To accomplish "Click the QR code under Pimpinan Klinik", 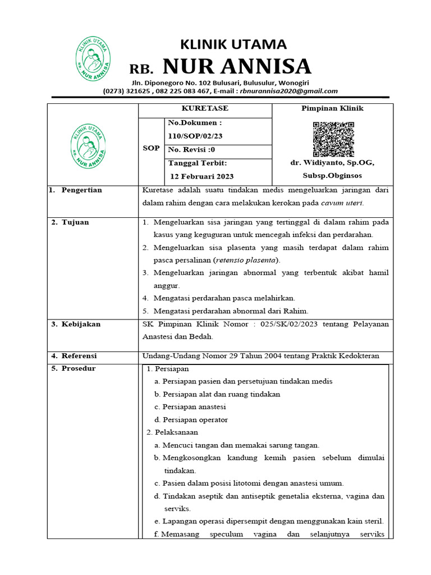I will [333, 139].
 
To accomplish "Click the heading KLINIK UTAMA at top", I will [232, 44].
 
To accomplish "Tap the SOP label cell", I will [151, 148].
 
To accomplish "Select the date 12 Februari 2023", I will [202, 176].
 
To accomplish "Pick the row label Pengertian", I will [81, 190].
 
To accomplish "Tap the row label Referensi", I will [79, 356].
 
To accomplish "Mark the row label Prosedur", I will [79, 368].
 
